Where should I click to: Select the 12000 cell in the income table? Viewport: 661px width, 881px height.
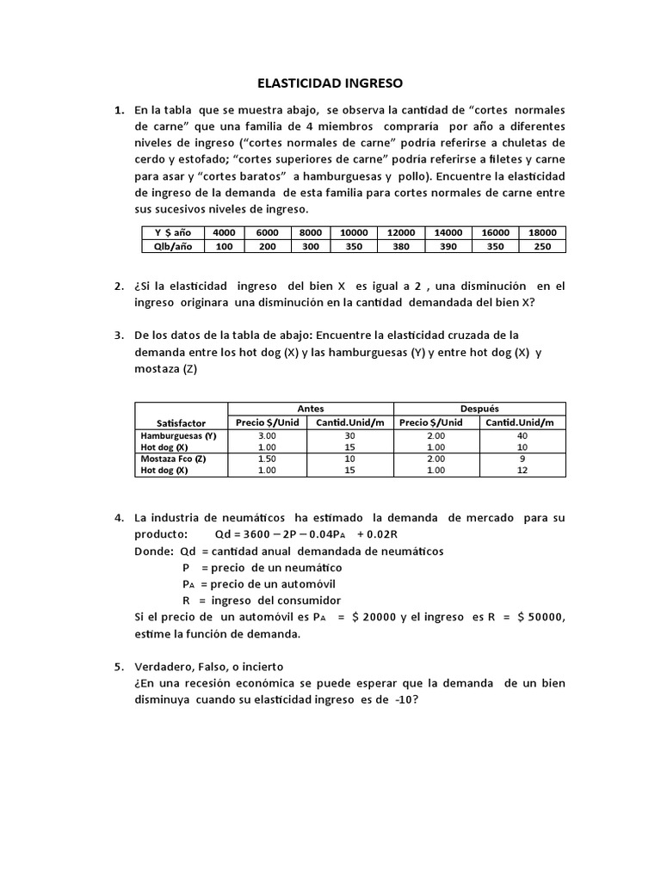click(x=401, y=232)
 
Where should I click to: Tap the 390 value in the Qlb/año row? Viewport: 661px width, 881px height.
click(x=448, y=246)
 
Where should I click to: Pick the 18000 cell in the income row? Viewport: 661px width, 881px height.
click(x=542, y=232)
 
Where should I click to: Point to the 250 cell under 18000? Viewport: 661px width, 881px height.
click(x=542, y=246)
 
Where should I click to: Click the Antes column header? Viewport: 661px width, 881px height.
click(x=310, y=409)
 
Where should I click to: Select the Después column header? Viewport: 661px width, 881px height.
click(x=479, y=409)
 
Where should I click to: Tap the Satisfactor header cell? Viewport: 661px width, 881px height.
click(x=181, y=422)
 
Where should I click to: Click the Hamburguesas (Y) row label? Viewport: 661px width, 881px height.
click(x=178, y=436)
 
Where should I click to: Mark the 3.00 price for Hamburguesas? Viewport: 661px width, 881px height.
click(x=267, y=436)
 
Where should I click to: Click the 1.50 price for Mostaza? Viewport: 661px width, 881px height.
click(x=267, y=459)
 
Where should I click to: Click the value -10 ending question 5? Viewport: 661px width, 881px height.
click(x=401, y=699)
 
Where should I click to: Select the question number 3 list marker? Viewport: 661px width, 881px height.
click(x=119, y=335)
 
